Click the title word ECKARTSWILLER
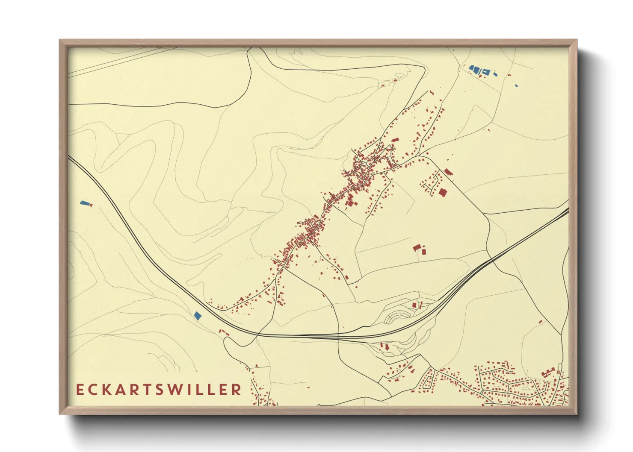(159, 389)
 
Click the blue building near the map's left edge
(84, 203)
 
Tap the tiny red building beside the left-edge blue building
(91, 205)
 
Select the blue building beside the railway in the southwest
(197, 315)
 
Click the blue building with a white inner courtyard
(486, 72)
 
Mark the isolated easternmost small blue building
(516, 85)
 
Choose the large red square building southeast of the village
(442, 192)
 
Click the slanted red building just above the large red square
(448, 172)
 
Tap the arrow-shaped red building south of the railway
(387, 347)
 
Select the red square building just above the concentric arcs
(414, 305)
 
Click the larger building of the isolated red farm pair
(417, 247)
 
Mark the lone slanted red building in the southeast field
(540, 321)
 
